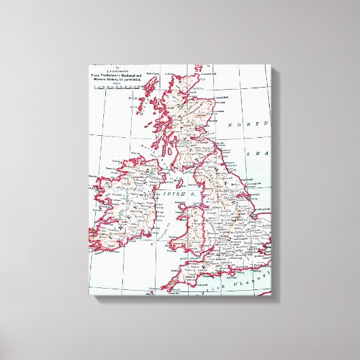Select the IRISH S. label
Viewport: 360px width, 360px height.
pyautogui.click(x=170, y=194)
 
